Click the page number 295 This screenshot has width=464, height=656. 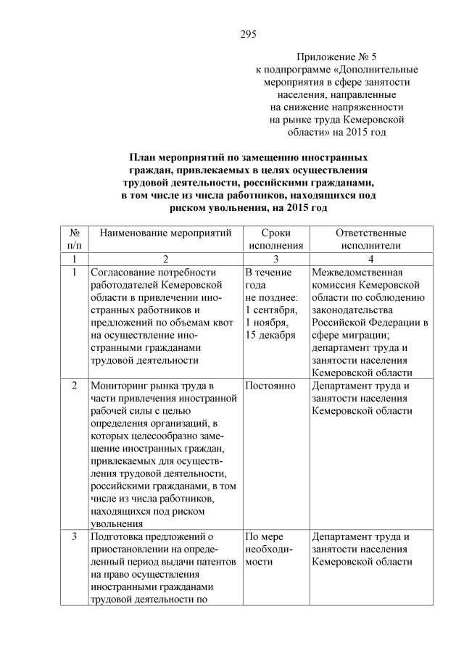point(249,33)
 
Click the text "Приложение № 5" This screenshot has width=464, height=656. point(337,56)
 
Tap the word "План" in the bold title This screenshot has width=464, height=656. point(143,157)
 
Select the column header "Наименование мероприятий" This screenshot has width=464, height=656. point(165,233)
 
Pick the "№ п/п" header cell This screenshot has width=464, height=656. point(74,240)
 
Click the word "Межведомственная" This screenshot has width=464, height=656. point(356,273)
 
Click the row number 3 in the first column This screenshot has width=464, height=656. point(74,537)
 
